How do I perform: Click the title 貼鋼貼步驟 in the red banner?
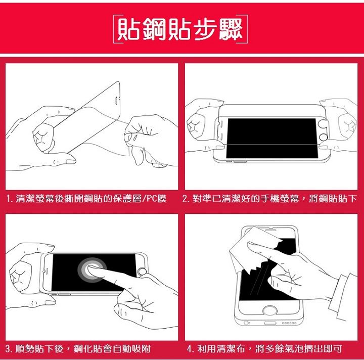[x=180, y=29]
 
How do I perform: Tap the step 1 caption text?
[x=86, y=199]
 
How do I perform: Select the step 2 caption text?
[x=269, y=199]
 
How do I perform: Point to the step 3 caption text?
[x=78, y=349]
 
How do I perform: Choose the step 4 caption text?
[x=264, y=349]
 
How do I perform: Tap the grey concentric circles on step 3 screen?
[x=92, y=270]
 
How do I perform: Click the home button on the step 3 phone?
[x=142, y=272]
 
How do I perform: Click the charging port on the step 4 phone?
[x=270, y=323]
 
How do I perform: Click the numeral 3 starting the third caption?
[x=8, y=349]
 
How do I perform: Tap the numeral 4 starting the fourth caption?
[x=190, y=349]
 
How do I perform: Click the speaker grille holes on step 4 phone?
[x=289, y=323]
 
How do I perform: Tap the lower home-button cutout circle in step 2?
[x=323, y=137]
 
